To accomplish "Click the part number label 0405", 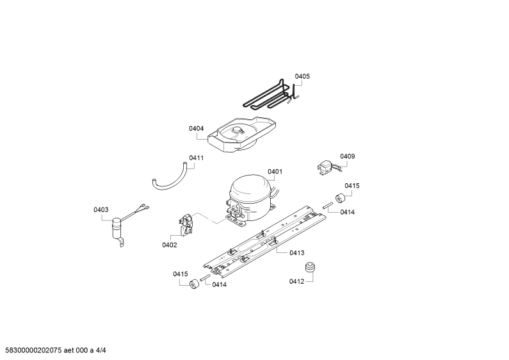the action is pyautogui.click(x=302, y=76).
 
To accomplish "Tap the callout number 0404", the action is pyautogui.click(x=197, y=128).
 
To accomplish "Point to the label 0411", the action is pyautogui.click(x=197, y=158).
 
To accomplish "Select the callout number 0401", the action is pyautogui.click(x=275, y=172).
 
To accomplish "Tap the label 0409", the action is pyautogui.click(x=348, y=156).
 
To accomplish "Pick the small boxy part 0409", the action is pyautogui.click(x=325, y=168).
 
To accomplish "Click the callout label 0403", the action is pyautogui.click(x=101, y=210).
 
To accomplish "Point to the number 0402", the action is pyautogui.click(x=170, y=245).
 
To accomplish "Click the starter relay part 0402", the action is pyautogui.click(x=186, y=225).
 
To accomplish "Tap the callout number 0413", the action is pyautogui.click(x=297, y=253).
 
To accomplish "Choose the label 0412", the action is pyautogui.click(x=296, y=281).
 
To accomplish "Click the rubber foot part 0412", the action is pyautogui.click(x=311, y=268).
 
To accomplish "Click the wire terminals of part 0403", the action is pyautogui.click(x=145, y=206).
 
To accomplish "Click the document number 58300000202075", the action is pyautogui.click(x=31, y=350).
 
